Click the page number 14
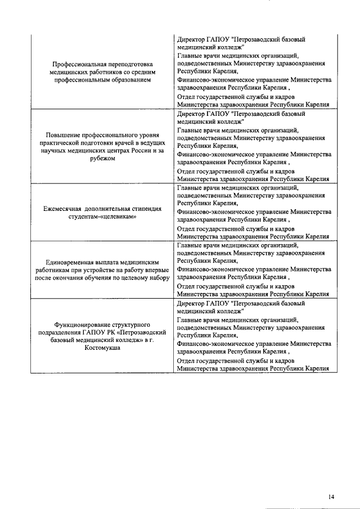click(x=331, y=481)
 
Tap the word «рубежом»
click(x=102, y=158)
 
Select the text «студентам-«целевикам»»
click(x=102, y=216)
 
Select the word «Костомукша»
click(x=102, y=348)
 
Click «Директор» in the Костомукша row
click(x=191, y=303)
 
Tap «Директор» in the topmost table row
click(x=191, y=40)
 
